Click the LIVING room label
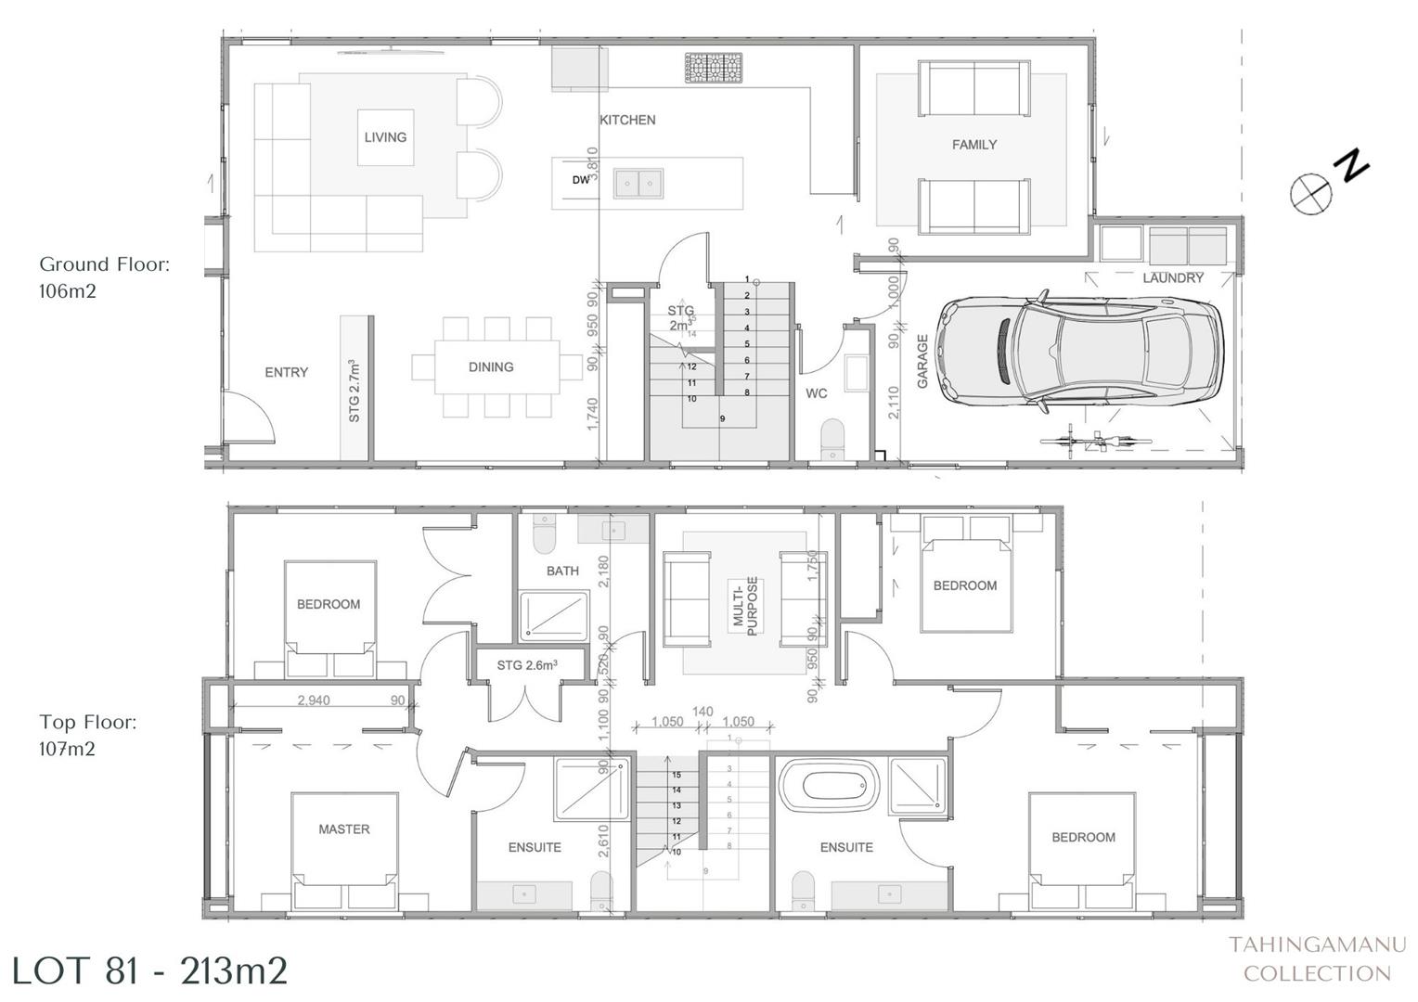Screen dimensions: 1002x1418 (x=385, y=137)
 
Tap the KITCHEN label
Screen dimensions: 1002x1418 (x=627, y=121)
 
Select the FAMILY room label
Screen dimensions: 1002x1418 (x=973, y=145)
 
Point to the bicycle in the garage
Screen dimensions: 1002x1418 (x=1097, y=441)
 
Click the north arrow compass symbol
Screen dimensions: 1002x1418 (x=1311, y=193)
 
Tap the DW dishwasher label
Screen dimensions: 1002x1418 (x=580, y=181)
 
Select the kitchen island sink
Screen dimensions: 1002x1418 (x=638, y=184)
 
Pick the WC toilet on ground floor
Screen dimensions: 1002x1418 (x=833, y=439)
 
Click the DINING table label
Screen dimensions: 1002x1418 (x=491, y=367)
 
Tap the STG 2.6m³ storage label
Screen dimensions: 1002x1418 (x=527, y=665)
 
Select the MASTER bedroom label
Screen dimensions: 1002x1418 (x=344, y=829)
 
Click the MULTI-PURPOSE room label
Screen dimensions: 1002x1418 (x=746, y=606)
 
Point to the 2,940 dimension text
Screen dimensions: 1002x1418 (x=314, y=700)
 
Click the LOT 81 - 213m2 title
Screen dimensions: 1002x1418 (x=149, y=970)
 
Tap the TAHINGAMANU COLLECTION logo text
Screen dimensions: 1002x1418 (x=1317, y=958)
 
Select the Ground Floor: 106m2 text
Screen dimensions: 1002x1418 (x=104, y=277)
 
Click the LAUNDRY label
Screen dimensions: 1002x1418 (x=1173, y=277)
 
